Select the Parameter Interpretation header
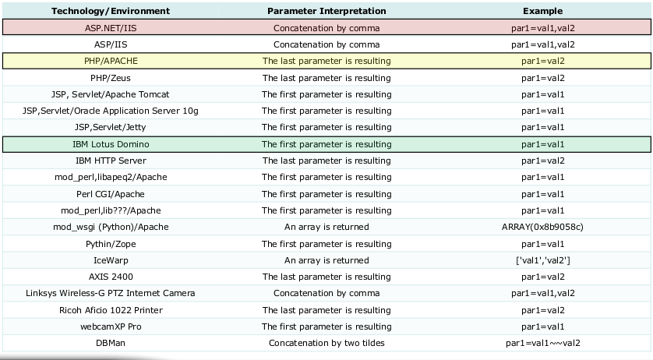[x=326, y=12]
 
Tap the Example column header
[x=543, y=12]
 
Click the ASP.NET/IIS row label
[x=111, y=27]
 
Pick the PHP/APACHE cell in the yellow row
[x=111, y=61]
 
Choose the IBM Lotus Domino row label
[x=111, y=144]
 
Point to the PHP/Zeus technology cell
[x=111, y=77]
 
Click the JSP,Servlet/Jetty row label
[x=111, y=127]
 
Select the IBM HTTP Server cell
[x=111, y=161]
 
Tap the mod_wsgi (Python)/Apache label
[x=111, y=227]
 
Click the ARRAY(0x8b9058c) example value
[x=543, y=227]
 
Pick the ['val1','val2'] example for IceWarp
[x=543, y=260]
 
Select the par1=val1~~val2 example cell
[x=543, y=343]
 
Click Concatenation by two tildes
[x=326, y=343]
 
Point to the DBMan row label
[x=111, y=343]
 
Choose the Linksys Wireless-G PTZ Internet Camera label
[x=111, y=293]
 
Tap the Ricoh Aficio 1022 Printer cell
[x=111, y=310]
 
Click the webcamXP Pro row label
[x=111, y=326]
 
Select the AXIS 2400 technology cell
[x=111, y=277]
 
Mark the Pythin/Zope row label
[x=111, y=244]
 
